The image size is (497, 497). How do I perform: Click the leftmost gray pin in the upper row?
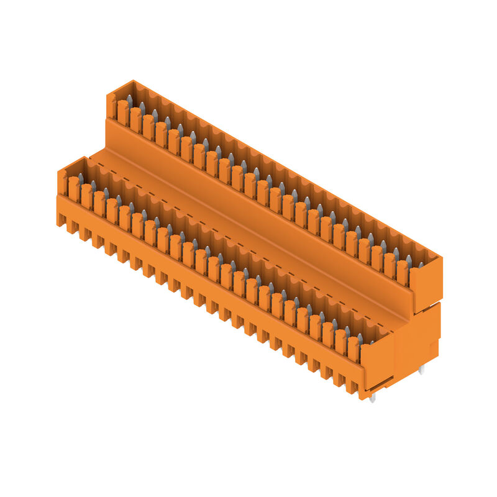pyautogui.click(x=129, y=100)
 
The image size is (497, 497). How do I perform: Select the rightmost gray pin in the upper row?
pyautogui.click(x=421, y=265)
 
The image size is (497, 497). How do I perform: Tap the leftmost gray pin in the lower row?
pyautogui.click(x=80, y=179)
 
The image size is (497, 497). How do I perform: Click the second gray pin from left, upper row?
pyautogui.click(x=142, y=108)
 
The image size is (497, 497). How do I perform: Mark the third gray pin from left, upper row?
pyautogui.click(x=155, y=115)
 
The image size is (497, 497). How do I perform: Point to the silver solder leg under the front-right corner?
pyautogui.click(x=372, y=398)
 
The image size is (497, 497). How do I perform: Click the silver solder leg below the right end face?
pyautogui.click(x=422, y=370)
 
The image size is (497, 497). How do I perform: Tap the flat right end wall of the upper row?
pyautogui.click(x=426, y=283)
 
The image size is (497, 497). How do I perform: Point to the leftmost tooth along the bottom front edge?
pyautogui.click(x=61, y=219)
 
